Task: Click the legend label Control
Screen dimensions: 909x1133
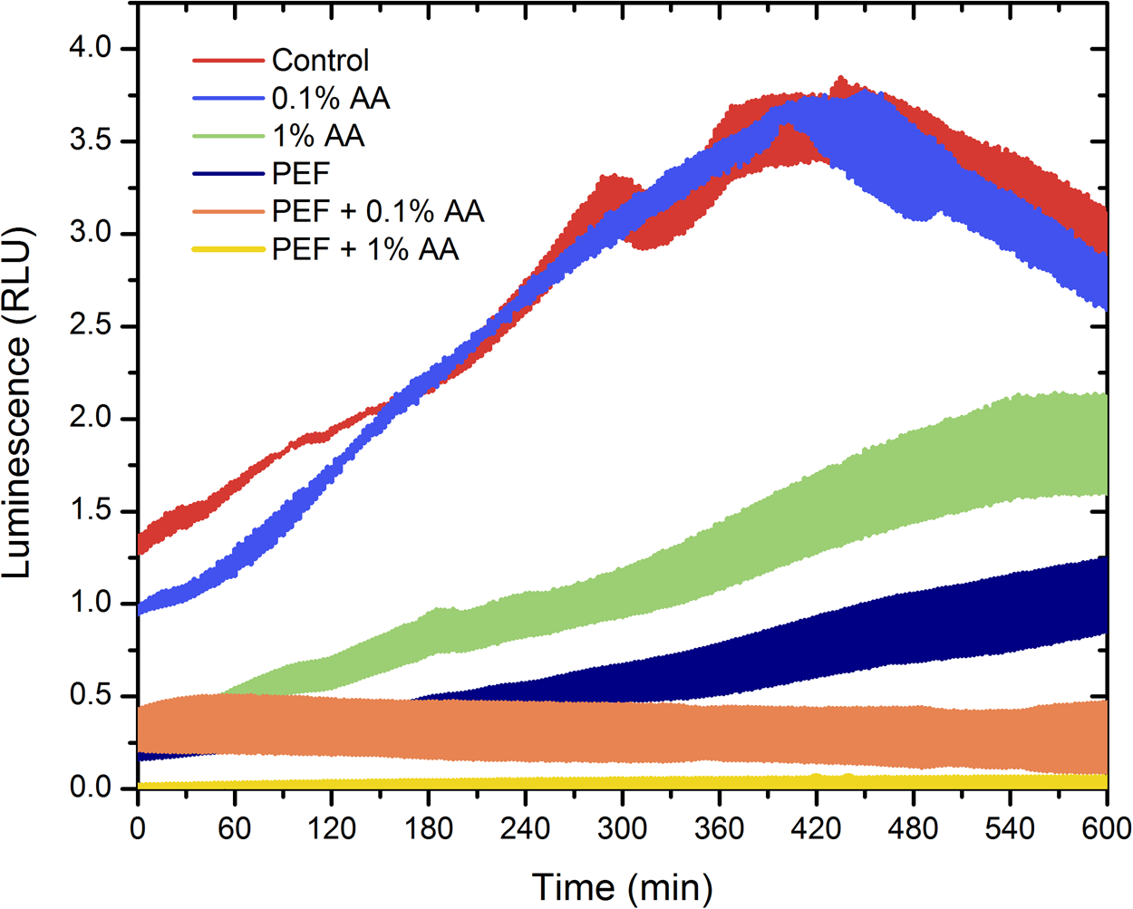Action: point(320,61)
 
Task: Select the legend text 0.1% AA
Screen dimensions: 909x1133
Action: point(331,98)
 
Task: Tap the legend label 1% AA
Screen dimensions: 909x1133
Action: point(318,136)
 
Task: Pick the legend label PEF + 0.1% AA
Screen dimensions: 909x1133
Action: point(378,211)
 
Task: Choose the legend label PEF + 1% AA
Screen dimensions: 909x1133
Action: point(365,249)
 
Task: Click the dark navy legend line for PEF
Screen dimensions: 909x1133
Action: point(228,173)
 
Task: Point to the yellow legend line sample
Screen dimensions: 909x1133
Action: point(228,249)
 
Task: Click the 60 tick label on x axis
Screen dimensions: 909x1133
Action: point(235,828)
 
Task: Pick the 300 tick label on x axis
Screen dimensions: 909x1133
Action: point(623,828)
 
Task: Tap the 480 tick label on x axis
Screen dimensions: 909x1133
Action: point(914,828)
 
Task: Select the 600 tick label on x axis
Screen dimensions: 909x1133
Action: point(1106,828)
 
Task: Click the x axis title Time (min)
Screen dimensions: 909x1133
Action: point(622,886)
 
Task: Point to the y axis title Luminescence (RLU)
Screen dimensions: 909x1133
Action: point(18,402)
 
